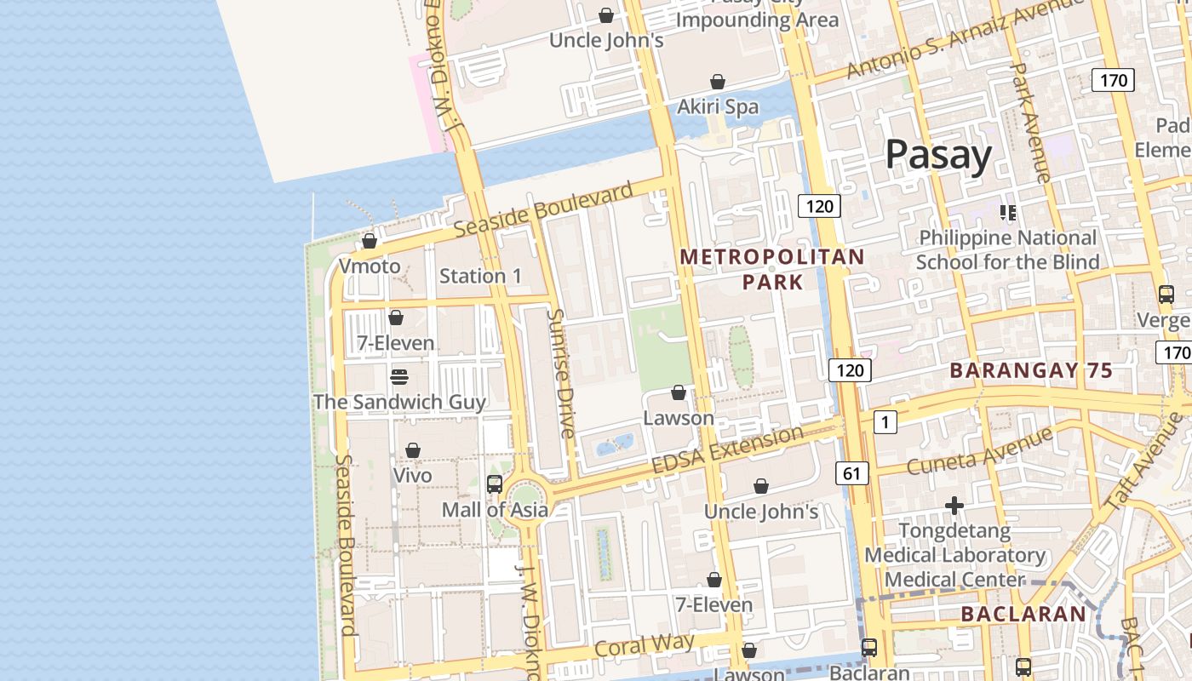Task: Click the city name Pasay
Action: [938, 155]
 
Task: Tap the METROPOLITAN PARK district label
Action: [772, 269]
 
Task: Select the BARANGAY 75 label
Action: [1031, 370]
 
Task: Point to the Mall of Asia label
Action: [494, 510]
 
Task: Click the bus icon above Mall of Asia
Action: [495, 484]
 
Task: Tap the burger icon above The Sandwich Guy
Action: [398, 376]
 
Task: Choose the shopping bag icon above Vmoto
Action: [370, 241]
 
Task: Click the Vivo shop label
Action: [412, 475]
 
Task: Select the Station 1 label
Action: [480, 276]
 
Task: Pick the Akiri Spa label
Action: [717, 107]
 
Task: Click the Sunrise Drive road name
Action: [561, 374]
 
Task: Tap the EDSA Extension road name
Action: [727, 450]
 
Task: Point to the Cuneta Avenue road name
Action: [979, 451]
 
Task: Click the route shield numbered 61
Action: [851, 472]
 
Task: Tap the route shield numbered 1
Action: [885, 421]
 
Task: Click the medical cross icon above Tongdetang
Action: [954, 506]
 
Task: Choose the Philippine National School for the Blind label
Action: [1007, 249]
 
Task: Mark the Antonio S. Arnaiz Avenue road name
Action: [966, 38]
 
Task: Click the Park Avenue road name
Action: [1029, 123]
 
